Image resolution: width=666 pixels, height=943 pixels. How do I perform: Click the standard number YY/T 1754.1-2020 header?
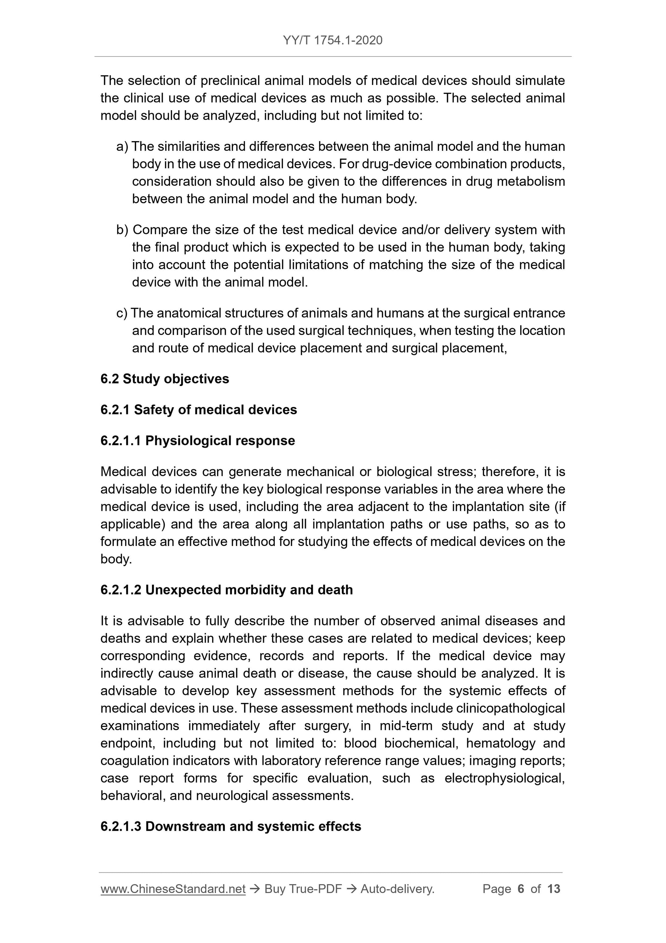(332, 40)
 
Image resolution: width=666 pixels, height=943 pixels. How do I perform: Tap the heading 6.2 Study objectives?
(165, 379)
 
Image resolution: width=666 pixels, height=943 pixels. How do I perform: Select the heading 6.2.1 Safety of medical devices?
(198, 410)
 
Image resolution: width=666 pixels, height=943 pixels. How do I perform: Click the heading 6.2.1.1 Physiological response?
(198, 441)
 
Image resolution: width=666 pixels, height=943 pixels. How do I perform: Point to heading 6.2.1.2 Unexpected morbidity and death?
(227, 590)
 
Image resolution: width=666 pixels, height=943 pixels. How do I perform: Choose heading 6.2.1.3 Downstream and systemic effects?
(231, 826)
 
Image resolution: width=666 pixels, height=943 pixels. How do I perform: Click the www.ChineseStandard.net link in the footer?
(173, 889)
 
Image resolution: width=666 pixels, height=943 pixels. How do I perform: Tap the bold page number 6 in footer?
(521, 889)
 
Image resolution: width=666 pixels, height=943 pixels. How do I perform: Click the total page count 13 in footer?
(553, 889)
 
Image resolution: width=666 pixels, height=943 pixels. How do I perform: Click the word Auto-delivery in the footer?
(397, 889)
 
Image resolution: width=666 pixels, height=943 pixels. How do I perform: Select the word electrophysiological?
(504, 778)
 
